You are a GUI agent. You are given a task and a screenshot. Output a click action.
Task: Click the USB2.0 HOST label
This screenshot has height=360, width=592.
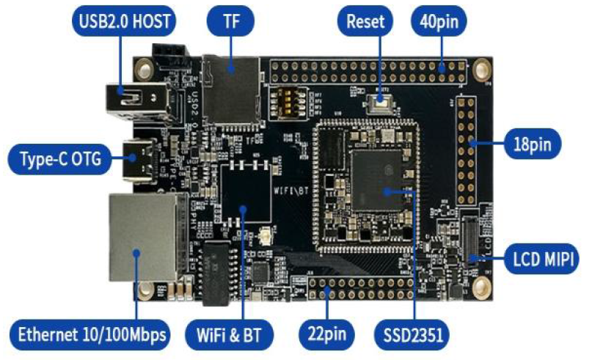pos(124,22)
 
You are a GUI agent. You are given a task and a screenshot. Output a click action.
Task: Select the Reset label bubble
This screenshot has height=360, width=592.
pos(365,22)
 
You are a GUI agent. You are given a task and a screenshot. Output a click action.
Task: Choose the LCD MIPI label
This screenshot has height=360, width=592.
pos(543,258)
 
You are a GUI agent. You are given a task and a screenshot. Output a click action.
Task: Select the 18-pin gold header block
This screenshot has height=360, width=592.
pos(465,150)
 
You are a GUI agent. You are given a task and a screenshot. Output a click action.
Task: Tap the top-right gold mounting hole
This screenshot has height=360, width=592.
pos(482,70)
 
